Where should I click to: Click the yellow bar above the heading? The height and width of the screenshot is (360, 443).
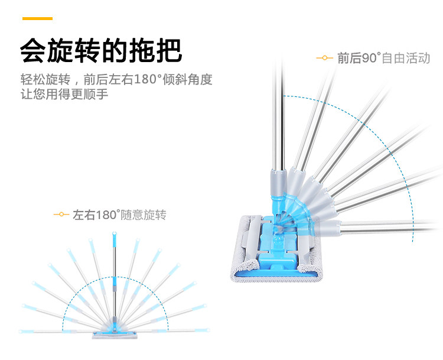(x=38, y=19)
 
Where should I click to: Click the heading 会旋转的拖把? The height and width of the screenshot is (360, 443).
(x=100, y=51)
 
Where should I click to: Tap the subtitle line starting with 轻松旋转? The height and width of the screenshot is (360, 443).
(x=116, y=79)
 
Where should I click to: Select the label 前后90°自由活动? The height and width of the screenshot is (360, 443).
(x=383, y=58)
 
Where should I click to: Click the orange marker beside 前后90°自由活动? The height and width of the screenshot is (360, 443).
(x=324, y=58)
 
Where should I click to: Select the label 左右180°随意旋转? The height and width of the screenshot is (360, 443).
(x=119, y=215)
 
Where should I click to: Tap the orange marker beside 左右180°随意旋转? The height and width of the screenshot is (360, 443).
(x=61, y=215)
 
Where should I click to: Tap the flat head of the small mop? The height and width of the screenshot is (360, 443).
(x=115, y=336)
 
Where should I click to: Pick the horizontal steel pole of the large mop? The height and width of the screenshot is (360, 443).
(x=390, y=225)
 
